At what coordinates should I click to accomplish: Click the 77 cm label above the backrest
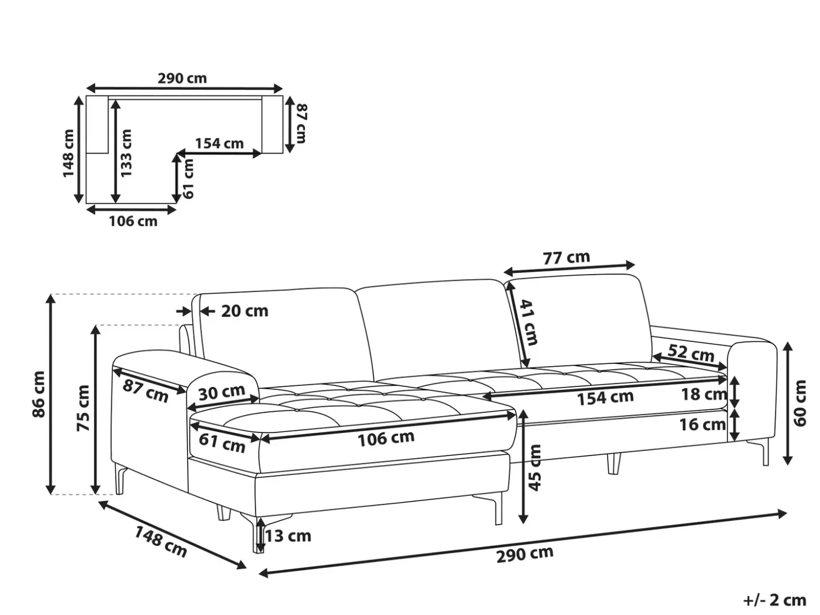pyautogui.click(x=566, y=257)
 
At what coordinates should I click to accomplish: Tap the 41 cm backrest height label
pyautogui.click(x=530, y=322)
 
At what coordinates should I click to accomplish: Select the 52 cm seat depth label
pyautogui.click(x=691, y=353)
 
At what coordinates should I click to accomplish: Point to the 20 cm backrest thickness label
pyautogui.click(x=245, y=311)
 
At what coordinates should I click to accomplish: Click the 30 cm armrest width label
pyautogui.click(x=221, y=393)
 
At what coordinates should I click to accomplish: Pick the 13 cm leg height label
pyautogui.click(x=288, y=536)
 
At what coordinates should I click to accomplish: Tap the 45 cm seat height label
pyautogui.click(x=535, y=467)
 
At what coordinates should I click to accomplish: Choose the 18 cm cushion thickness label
pyautogui.click(x=704, y=394)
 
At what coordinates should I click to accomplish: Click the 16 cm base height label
pyautogui.click(x=702, y=425)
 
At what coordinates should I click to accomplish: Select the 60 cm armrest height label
pyautogui.click(x=800, y=403)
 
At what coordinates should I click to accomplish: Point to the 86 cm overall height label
pyautogui.click(x=39, y=394)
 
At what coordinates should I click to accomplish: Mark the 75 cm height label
pyautogui.click(x=83, y=408)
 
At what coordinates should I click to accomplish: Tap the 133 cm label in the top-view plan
pyautogui.click(x=126, y=153)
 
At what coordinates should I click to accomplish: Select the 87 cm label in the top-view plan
pyautogui.click(x=302, y=124)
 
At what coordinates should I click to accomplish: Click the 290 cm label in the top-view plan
pyautogui.click(x=182, y=79)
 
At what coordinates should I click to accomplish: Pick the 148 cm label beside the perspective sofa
pyautogui.click(x=160, y=541)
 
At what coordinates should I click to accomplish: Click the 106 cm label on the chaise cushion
pyautogui.click(x=386, y=439)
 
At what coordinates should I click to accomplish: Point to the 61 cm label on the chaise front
pyautogui.click(x=222, y=443)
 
